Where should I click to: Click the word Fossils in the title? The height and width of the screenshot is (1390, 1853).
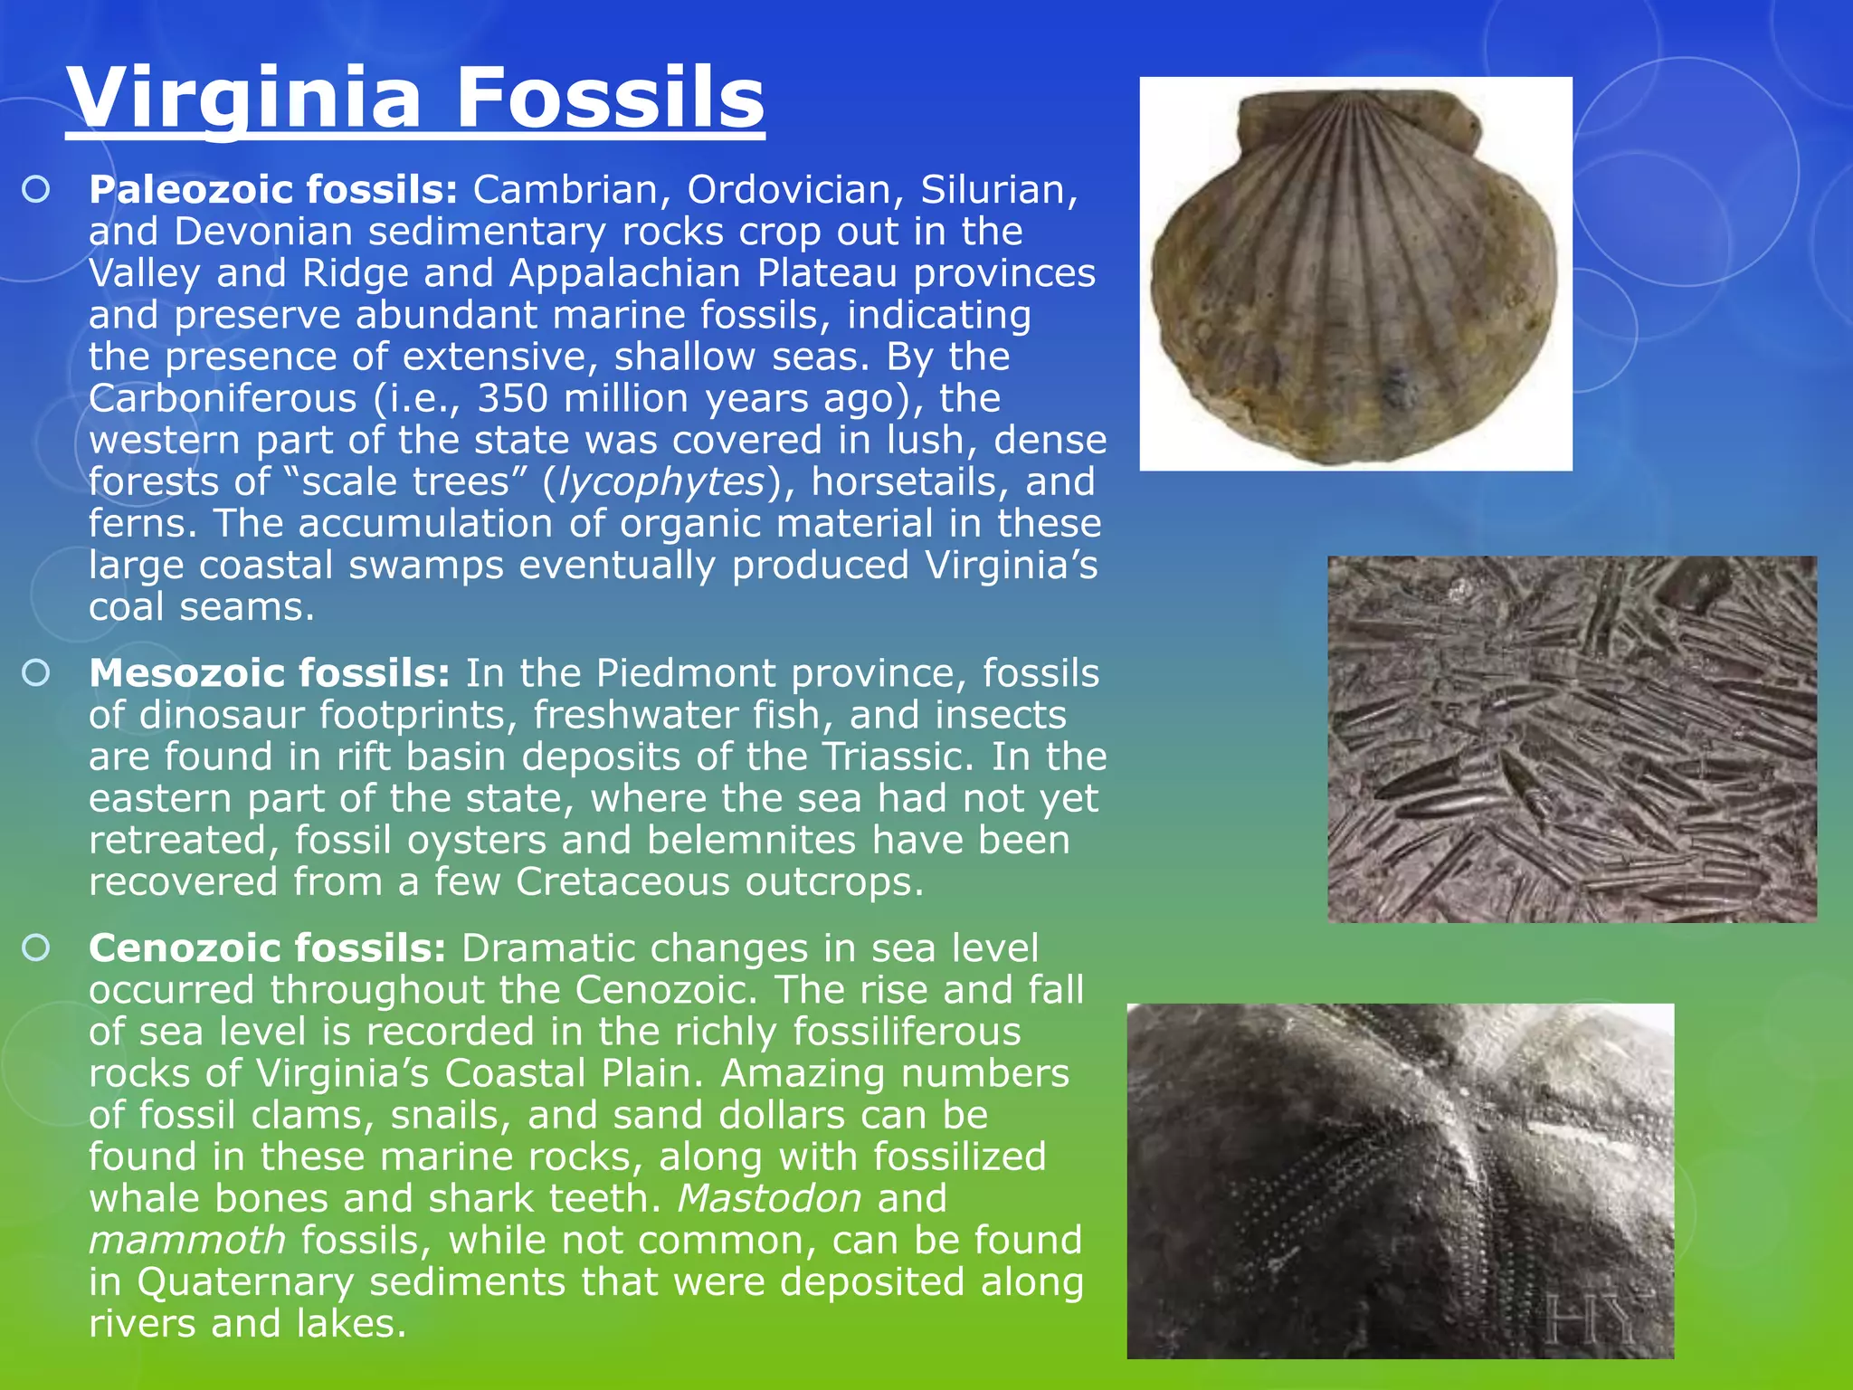point(611,98)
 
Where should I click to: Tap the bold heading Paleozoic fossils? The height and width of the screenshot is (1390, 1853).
point(274,190)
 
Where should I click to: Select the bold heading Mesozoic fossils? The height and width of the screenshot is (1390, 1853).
point(270,673)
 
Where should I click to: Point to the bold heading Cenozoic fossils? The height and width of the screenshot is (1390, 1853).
point(268,948)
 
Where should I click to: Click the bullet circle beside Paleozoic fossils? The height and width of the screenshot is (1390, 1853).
point(36,190)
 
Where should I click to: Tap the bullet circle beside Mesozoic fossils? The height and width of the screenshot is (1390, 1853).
point(36,673)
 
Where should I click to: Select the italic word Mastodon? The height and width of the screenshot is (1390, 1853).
point(770,1198)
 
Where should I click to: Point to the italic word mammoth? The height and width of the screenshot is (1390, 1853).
point(187,1240)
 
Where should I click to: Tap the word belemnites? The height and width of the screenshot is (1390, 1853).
point(752,840)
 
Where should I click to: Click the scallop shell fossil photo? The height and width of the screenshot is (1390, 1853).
point(1355,273)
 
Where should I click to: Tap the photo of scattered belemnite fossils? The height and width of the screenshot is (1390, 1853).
point(1572,738)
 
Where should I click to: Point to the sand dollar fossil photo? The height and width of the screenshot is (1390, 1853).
point(1400,1180)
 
